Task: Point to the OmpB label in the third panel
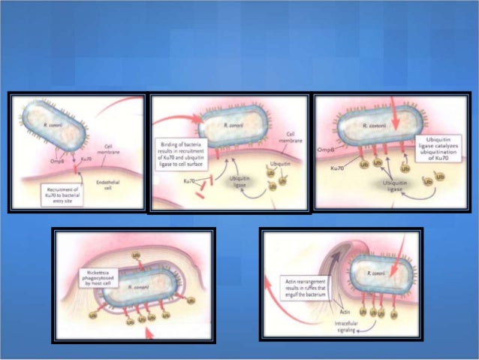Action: (325, 150)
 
